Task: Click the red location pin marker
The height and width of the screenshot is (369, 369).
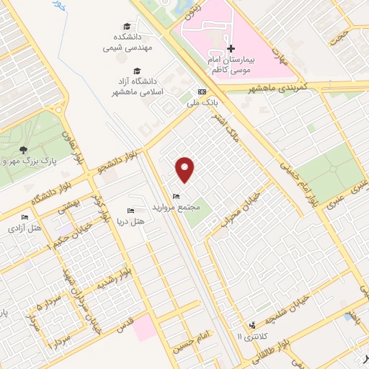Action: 185,169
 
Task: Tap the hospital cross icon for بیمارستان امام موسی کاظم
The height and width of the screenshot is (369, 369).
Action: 231,48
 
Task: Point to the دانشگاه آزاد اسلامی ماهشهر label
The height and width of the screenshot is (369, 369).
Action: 128,88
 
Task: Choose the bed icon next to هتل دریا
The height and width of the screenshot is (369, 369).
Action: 130,210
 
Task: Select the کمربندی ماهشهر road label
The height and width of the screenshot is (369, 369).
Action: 277,87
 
